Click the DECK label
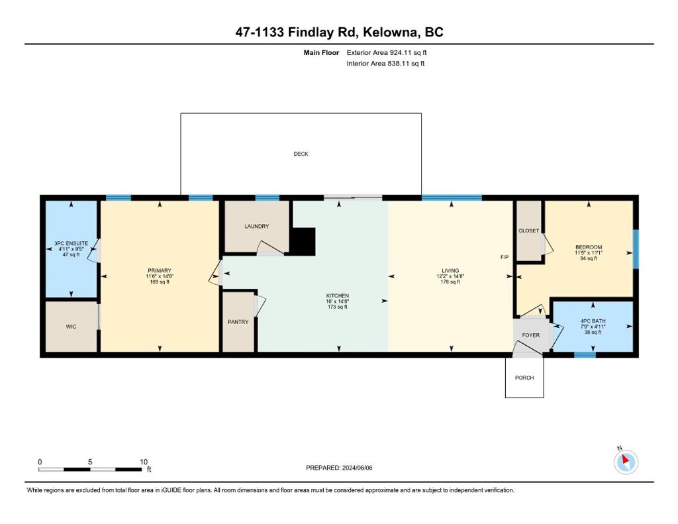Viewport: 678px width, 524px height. coord(301,154)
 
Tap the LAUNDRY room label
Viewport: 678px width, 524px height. coord(256,227)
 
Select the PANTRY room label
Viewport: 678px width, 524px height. coord(238,323)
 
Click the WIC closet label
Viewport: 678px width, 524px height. coord(71,327)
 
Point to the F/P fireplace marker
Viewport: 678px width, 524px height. coord(505,257)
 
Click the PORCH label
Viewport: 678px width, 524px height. coord(524,378)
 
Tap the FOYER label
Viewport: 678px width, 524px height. coord(531,335)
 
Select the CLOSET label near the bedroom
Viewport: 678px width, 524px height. coord(529,231)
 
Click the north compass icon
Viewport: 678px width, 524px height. coord(626,461)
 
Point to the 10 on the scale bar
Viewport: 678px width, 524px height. coord(144,461)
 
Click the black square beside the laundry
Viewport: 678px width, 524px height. coord(304,240)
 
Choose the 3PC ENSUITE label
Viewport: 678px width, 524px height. coord(71,244)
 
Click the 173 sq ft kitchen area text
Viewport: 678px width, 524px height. coord(338,307)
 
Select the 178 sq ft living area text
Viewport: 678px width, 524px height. coord(450,282)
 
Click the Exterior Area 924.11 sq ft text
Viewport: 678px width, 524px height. coord(391,52)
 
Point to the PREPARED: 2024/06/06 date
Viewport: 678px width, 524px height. coord(344,468)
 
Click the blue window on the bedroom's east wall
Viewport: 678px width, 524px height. coord(636,249)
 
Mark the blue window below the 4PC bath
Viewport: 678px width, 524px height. coord(584,355)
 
